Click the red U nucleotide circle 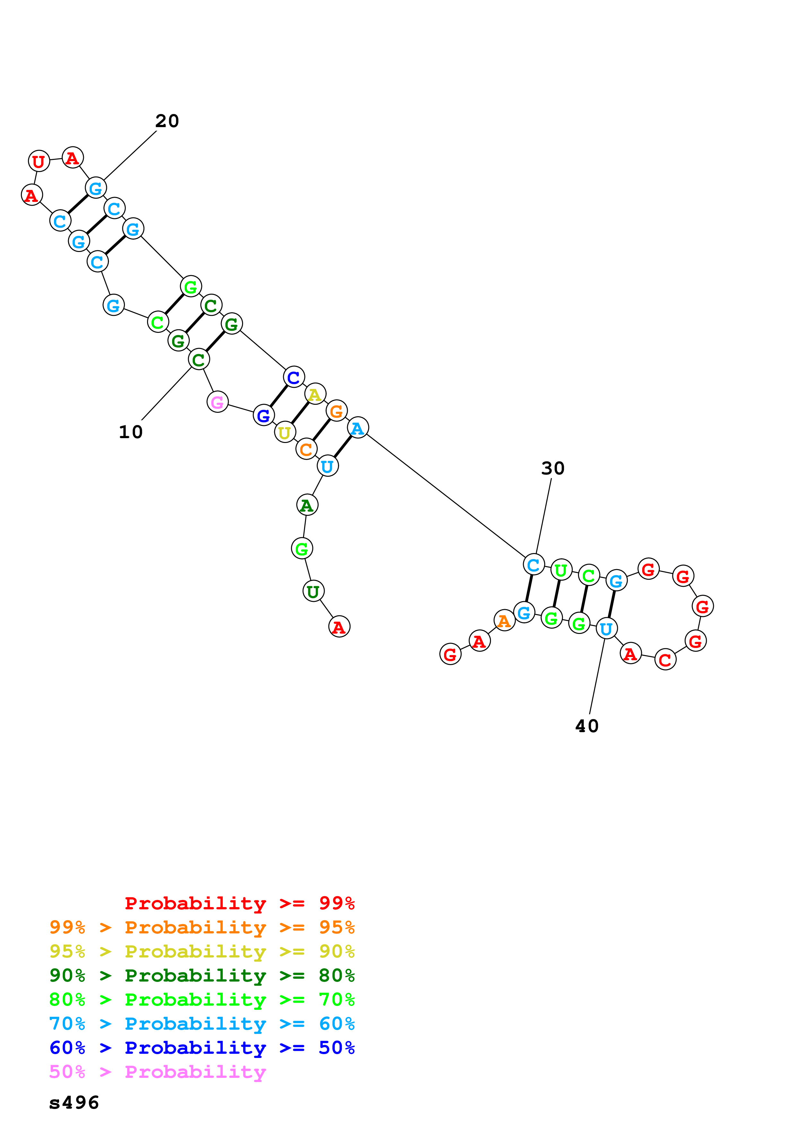pyautogui.click(x=39, y=161)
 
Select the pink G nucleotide pyautogui.click(x=217, y=402)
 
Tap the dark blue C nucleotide pyautogui.click(x=294, y=377)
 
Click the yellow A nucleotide pyautogui.click(x=315, y=394)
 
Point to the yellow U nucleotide pyautogui.click(x=284, y=433)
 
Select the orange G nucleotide pyautogui.click(x=337, y=411)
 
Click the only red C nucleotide pyautogui.click(x=665, y=660)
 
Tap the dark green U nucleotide pyautogui.click(x=313, y=592)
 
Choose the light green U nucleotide pyautogui.click(x=561, y=570)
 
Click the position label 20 pyautogui.click(x=167, y=121)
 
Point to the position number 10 pyautogui.click(x=130, y=432)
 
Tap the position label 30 pyautogui.click(x=553, y=468)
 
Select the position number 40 pyautogui.click(x=587, y=726)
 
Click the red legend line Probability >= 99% pyautogui.click(x=239, y=903)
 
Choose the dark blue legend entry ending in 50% pyautogui.click(x=202, y=1048)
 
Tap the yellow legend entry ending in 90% pyautogui.click(x=202, y=951)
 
